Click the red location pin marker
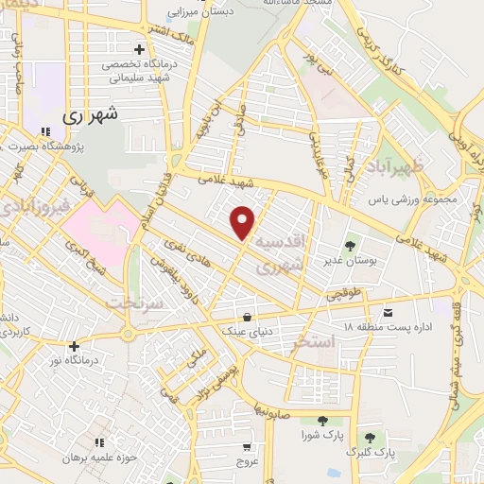pyautogui.click(x=244, y=222)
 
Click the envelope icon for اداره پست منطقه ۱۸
pyautogui.click(x=387, y=311)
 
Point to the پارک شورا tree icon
pyautogui.click(x=321, y=421)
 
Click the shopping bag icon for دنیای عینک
pyautogui.click(x=247, y=317)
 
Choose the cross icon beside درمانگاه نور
pyautogui.click(x=74, y=346)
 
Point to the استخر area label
pyautogui.click(x=313, y=340)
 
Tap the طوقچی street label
pyautogui.click(x=344, y=295)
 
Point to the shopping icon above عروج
pyautogui.click(x=246, y=446)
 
